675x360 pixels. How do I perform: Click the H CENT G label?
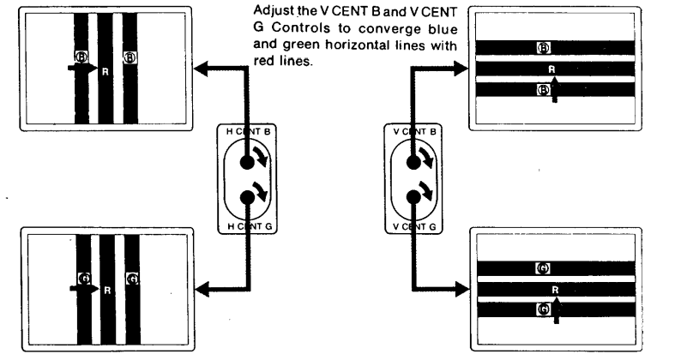point(249,225)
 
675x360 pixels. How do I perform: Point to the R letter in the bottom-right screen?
point(556,291)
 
